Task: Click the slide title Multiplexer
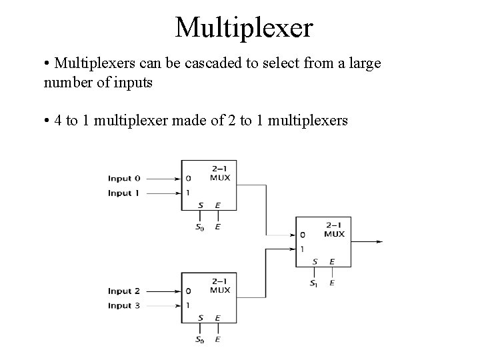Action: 243,27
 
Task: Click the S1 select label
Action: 314,283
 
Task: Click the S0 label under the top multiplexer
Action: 199,227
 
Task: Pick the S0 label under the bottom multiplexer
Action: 199,339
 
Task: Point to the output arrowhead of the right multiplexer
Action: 380,241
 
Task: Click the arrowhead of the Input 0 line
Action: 178,179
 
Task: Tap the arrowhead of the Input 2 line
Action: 178,291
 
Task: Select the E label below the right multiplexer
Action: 333,283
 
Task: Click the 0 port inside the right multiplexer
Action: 303,235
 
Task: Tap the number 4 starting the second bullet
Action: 58,121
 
